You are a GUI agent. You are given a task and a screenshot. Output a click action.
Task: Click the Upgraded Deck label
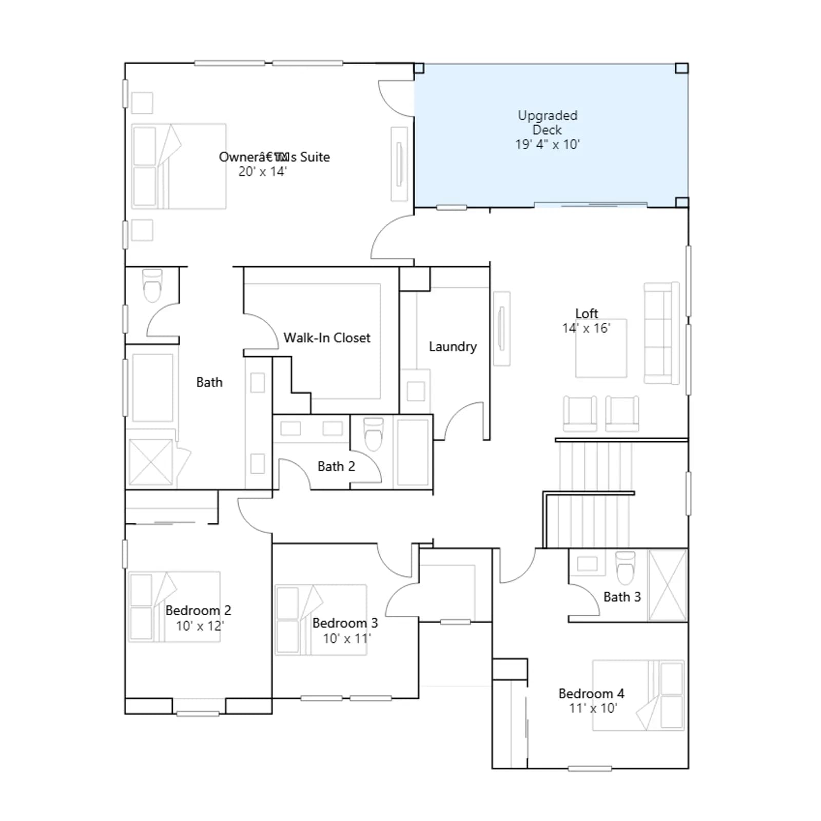[548, 123]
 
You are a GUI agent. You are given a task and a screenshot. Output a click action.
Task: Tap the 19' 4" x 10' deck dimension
[548, 144]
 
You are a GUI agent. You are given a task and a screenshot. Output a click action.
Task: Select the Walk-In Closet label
[327, 338]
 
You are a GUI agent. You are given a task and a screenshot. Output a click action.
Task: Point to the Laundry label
[453, 347]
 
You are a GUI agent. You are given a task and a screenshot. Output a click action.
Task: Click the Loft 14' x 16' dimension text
[586, 328]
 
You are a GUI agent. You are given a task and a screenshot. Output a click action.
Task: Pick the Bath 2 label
[336, 466]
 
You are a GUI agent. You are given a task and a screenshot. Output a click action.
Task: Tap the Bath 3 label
[622, 597]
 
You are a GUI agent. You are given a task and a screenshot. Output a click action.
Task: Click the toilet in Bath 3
[625, 568]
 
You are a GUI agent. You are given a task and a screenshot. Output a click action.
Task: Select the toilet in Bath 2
[373, 434]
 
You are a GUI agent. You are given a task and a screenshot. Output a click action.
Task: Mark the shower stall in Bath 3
[668, 585]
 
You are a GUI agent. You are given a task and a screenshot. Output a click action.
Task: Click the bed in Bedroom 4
[638, 695]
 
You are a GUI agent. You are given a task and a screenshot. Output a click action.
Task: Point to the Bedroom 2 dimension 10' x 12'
[200, 626]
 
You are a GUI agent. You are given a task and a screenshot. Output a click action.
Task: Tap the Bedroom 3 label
[345, 623]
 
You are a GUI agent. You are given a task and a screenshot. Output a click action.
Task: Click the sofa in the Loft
[662, 333]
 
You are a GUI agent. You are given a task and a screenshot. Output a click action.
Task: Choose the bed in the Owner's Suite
[179, 166]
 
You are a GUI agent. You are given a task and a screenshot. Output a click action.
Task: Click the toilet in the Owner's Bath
[152, 285]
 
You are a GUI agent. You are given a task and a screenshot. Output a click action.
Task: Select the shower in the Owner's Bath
[151, 462]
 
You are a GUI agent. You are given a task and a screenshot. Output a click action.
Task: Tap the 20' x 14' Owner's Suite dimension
[262, 171]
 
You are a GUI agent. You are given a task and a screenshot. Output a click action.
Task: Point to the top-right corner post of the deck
[681, 68]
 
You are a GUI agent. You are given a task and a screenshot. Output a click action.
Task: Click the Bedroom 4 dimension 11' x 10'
[593, 708]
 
